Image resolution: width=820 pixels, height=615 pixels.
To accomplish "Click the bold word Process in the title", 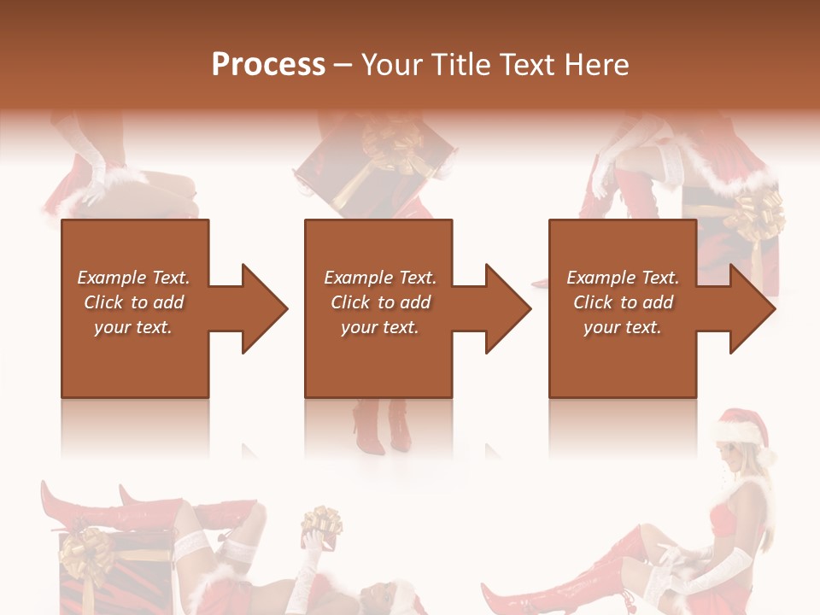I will pyautogui.click(x=268, y=65).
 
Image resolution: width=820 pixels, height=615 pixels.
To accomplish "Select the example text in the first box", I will pyautogui.click(x=133, y=302).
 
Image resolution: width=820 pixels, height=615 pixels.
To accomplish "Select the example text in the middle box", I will pyautogui.click(x=380, y=302).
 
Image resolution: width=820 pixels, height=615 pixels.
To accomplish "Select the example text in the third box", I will pyautogui.click(x=623, y=302).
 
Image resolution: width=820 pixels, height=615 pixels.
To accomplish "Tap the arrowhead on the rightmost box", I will pyautogui.click(x=748, y=308).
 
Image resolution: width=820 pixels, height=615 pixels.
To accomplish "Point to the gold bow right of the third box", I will pyautogui.click(x=762, y=214).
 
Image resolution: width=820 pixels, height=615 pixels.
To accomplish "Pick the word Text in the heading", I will pyautogui.click(x=529, y=65).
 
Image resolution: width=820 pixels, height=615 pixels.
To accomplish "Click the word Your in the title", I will pyautogui.click(x=392, y=65).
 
